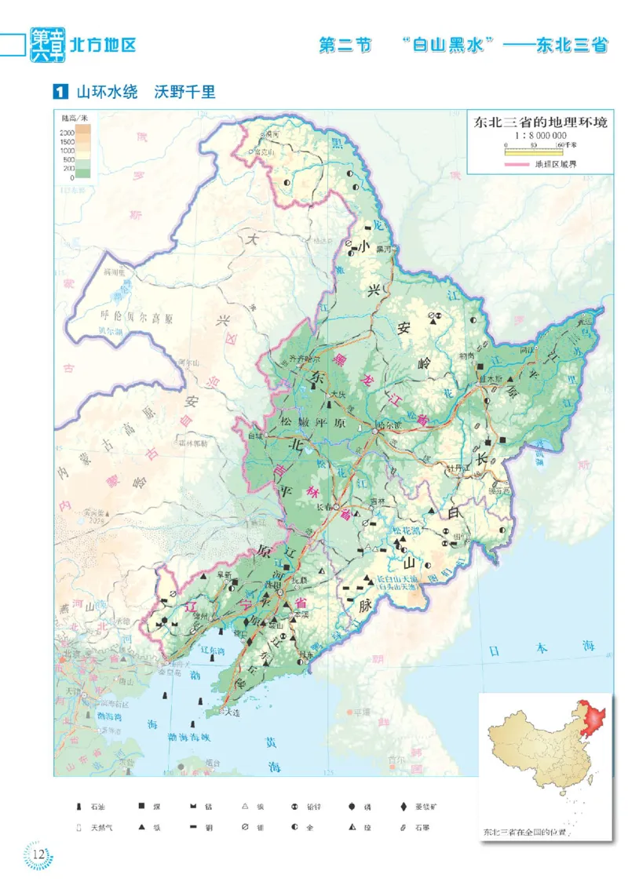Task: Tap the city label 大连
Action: [231, 712]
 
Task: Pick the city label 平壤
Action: [361, 713]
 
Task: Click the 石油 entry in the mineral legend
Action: [91, 806]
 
